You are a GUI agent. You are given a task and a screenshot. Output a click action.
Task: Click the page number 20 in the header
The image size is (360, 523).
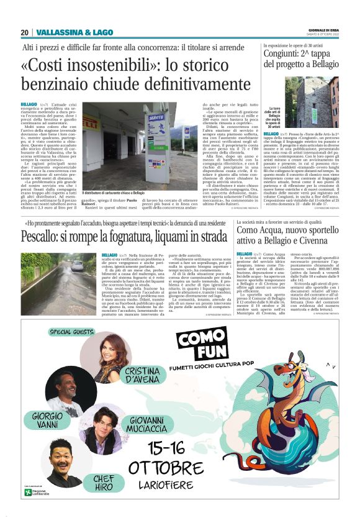(x=24, y=32)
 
